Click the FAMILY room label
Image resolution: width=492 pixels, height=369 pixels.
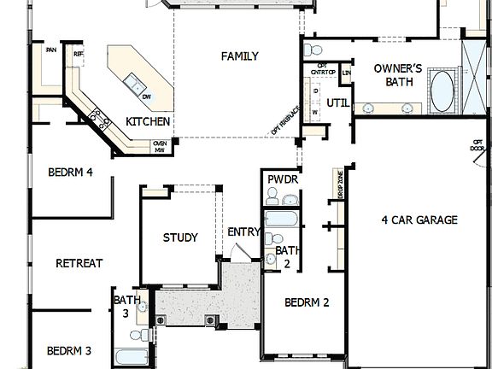[x=239, y=56]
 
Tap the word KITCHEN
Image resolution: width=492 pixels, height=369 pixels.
[x=149, y=122]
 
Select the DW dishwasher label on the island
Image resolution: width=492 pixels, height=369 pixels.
[x=147, y=96]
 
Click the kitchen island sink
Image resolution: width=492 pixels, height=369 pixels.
[x=134, y=82]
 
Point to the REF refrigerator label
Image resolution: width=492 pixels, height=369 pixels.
[x=79, y=54]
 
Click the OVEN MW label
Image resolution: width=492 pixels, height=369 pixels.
[x=159, y=147]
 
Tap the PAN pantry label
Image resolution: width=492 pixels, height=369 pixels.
[x=51, y=50]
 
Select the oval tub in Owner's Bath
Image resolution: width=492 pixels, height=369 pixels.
[x=442, y=92]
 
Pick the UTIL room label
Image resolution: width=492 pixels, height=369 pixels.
[x=338, y=103]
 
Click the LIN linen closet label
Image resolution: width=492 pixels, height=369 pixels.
[x=346, y=73]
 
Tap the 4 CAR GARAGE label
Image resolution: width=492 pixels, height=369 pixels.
[x=419, y=220]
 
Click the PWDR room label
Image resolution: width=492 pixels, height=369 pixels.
[x=281, y=179]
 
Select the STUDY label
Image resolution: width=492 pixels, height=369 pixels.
[x=180, y=237]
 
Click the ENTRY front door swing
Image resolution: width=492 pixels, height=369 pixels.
[x=240, y=251]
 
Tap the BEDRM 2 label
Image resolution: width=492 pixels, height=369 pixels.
[x=307, y=302]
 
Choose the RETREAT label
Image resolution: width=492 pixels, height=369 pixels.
[x=79, y=263]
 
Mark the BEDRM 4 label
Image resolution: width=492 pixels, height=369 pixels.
[x=70, y=172]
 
